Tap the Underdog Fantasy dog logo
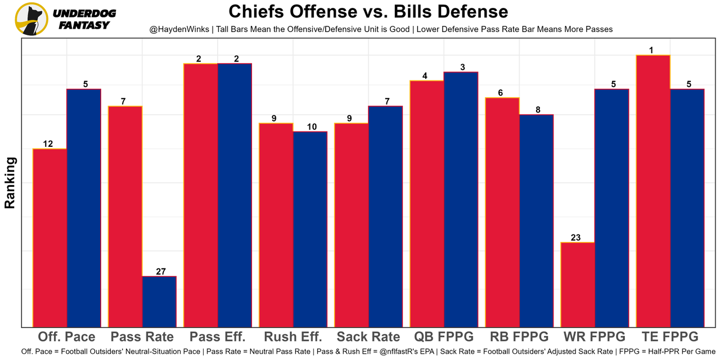pos(31,19)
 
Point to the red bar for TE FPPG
pos(653,191)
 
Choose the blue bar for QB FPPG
pos(461,199)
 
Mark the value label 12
pos(48,144)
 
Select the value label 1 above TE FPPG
pos(651,50)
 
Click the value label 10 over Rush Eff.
pos(310,127)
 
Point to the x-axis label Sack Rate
pos(368,337)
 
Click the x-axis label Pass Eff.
pos(218,337)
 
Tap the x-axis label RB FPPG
pos(519,337)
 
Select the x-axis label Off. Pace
pos(66,337)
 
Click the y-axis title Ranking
pos(10,183)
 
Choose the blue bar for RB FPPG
pos(536,220)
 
